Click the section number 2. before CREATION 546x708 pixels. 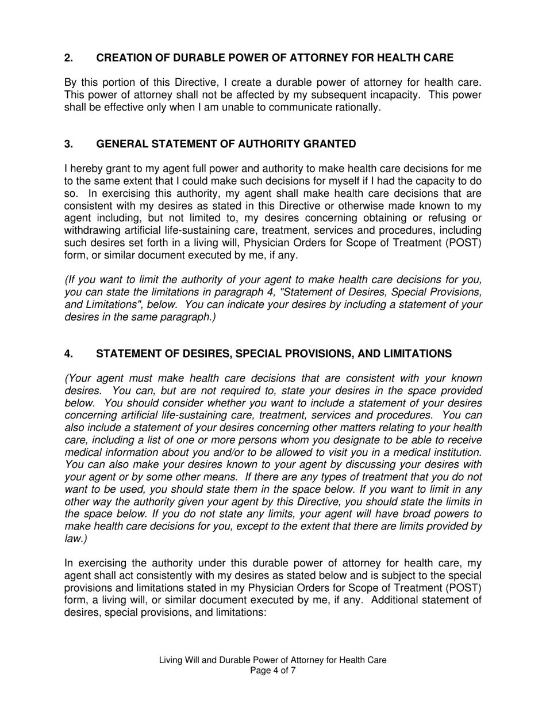(x=68, y=58)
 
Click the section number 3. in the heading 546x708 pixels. (x=68, y=144)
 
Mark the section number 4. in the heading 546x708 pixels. (x=68, y=353)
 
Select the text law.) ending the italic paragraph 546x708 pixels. (x=75, y=538)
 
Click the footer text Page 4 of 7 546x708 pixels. (x=273, y=671)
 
